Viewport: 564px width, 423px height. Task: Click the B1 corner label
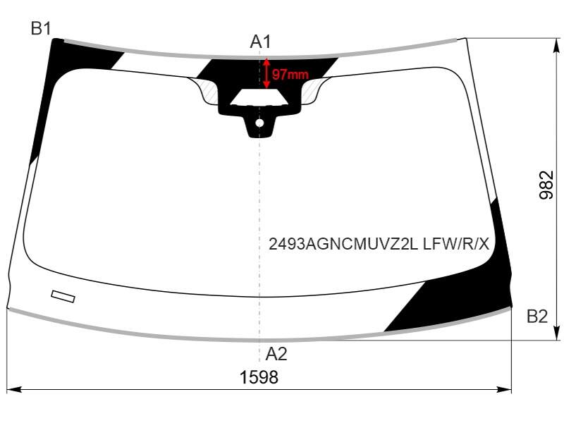[x=41, y=28]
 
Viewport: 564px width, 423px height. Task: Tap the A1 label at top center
[x=260, y=42]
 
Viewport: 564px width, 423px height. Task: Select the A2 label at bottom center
[x=276, y=354]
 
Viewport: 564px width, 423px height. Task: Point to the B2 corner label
[x=537, y=316]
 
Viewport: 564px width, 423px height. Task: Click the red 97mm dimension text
[x=290, y=75]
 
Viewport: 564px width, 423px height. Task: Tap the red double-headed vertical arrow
[x=266, y=73]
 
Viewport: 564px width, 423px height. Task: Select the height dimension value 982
[x=546, y=185]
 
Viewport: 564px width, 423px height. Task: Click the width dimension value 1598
[x=259, y=377]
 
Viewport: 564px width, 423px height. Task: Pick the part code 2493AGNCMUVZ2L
[x=343, y=244]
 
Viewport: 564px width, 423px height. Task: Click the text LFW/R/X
[x=456, y=244]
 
